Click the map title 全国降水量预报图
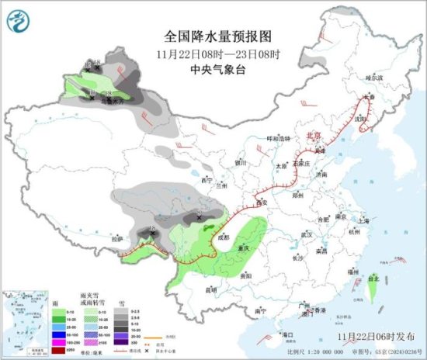coord(218,36)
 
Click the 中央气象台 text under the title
coord(218,68)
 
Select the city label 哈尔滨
coord(374,78)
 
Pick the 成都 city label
coord(224,237)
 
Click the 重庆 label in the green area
coord(244,248)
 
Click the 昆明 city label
coord(210,289)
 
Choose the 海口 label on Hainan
coord(287,334)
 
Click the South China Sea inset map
coord(23,320)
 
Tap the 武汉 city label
coord(305,234)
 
